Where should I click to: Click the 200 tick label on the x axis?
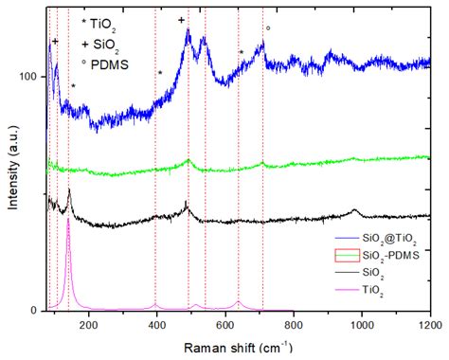pos(89,324)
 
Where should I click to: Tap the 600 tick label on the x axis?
pos(225,324)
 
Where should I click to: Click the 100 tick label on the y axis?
pos(31,76)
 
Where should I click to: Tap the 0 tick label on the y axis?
pos(39,311)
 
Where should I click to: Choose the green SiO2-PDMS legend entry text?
pos(388,254)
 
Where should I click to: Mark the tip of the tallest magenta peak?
pos(68,220)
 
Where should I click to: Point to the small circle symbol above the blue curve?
pos(268,28)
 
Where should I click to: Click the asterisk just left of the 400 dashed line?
pos(161,73)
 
